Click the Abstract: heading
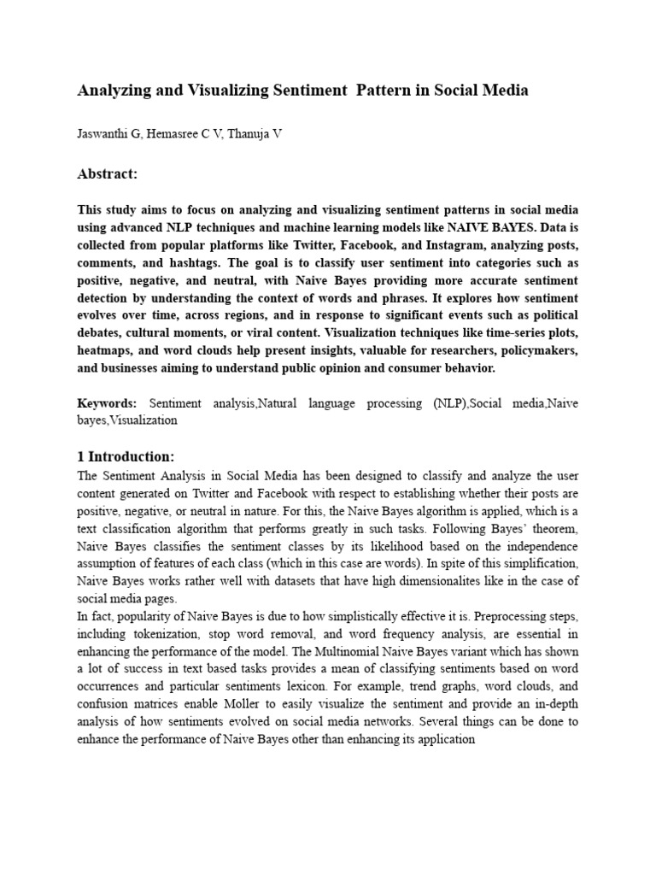click(x=107, y=174)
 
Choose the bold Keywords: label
click(x=107, y=402)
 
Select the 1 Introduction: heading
click(x=126, y=456)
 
